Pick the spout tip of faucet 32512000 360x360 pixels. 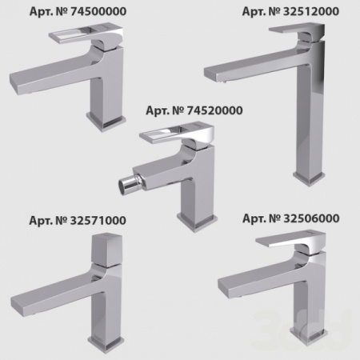(x=219, y=76)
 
